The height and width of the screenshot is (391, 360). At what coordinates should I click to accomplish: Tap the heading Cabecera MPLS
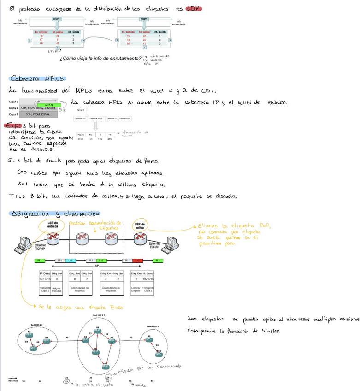37,78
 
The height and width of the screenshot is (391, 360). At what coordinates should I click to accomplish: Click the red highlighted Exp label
13,125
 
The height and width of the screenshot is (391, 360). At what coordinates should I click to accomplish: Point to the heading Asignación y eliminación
55,214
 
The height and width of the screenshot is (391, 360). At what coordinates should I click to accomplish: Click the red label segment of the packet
137,261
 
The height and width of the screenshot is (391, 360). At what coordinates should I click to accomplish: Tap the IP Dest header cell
45,273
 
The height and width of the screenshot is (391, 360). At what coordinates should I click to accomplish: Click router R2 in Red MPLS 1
47,339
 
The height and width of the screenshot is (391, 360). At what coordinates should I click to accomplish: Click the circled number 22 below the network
107,377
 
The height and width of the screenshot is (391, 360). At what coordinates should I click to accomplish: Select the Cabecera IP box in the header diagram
112,119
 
